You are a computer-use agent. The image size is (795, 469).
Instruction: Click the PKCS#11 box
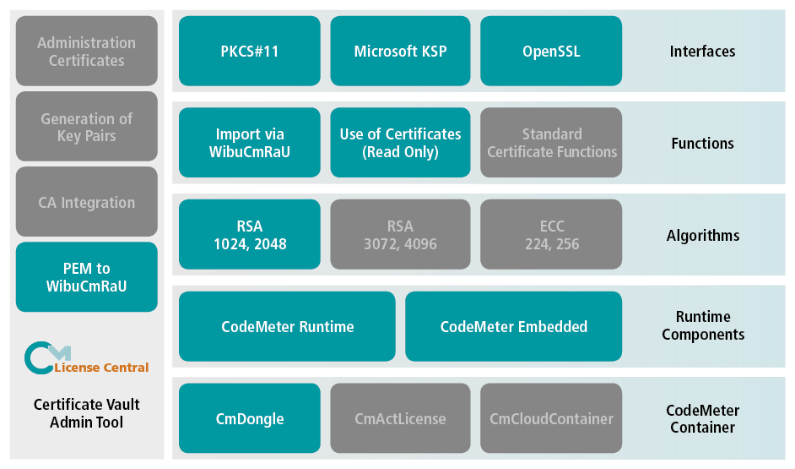pos(250,52)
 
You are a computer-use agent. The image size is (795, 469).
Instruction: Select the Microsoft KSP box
pos(400,52)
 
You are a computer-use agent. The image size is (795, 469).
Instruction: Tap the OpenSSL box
pos(551,52)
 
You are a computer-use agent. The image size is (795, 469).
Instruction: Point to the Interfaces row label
pos(702,52)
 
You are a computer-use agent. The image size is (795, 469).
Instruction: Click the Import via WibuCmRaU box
pos(250,143)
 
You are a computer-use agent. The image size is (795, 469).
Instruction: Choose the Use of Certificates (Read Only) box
pos(400,143)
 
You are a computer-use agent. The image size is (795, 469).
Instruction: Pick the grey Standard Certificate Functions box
pos(551,143)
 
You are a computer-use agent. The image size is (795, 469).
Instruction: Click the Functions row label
pos(702,144)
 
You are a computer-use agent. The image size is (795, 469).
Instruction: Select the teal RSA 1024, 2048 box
pos(250,235)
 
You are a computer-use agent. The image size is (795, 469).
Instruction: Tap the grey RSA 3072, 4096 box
pos(400,235)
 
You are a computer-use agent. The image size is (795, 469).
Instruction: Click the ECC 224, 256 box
pos(551,235)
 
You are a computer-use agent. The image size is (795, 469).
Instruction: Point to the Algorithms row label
pos(702,236)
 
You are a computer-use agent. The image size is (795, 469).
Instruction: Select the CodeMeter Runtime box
pos(287,326)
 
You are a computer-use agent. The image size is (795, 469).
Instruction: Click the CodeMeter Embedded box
pos(513,326)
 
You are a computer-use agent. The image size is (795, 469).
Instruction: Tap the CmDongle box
pos(250,418)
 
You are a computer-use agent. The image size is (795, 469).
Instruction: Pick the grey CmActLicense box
pos(400,418)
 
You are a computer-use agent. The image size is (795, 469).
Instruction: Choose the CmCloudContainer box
pos(551,418)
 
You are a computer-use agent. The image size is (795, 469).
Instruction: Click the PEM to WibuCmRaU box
pos(87,277)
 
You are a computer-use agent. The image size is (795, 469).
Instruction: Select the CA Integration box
pos(87,202)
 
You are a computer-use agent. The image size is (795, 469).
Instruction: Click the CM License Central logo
pos(86,358)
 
